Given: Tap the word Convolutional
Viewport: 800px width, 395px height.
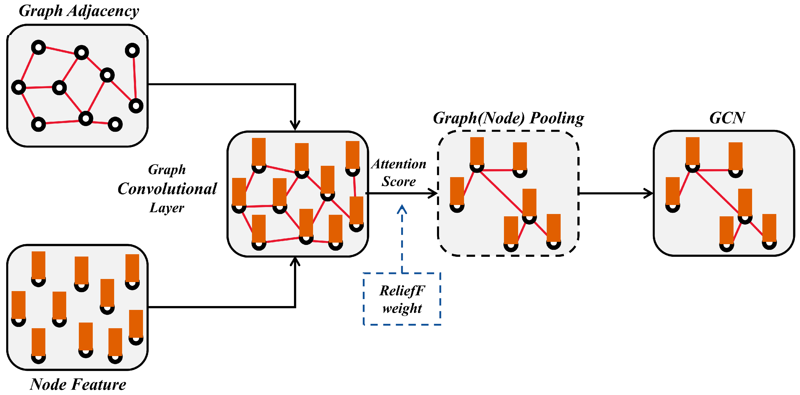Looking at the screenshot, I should click(167, 189).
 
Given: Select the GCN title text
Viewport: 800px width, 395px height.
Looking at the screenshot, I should click(727, 118).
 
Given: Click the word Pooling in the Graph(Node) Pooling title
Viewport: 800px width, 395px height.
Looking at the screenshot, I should click(557, 118).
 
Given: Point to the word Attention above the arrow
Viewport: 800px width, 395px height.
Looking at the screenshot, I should click(399, 164).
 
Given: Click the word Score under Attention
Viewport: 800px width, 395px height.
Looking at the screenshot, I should click(399, 182).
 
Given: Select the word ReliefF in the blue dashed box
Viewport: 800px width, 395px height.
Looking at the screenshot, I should click(402, 291).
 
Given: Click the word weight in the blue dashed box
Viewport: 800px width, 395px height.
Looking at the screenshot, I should click(402, 308).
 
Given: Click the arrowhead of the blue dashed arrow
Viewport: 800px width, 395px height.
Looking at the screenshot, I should click(402, 209).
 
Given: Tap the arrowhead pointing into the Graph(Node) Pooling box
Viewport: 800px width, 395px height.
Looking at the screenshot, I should click(434, 193).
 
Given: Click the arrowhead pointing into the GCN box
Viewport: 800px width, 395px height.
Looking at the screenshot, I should click(649, 193).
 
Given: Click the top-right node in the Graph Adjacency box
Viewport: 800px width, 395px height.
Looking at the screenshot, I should click(132, 50).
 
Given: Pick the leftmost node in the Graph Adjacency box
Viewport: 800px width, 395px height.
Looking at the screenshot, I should click(19, 87).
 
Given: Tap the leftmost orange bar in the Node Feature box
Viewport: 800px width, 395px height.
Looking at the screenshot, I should click(19, 305).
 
